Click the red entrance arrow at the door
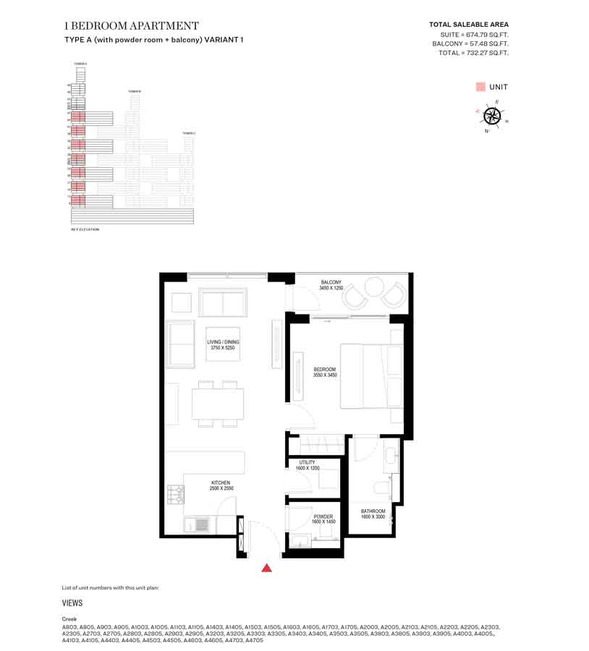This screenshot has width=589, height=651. point(266,568)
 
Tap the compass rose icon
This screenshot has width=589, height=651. point(492,116)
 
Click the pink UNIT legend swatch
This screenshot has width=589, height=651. point(480,87)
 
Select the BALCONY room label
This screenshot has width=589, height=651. point(331,282)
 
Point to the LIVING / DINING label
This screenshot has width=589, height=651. point(223,342)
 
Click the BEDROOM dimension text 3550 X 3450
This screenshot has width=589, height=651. point(324,375)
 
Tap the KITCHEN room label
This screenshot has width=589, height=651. point(221,482)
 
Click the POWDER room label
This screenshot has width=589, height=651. point(323,516)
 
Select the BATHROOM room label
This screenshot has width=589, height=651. point(373,511)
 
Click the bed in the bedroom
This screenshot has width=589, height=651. point(372,386)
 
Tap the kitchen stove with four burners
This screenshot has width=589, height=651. point(175,494)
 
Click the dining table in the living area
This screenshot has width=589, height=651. point(218,403)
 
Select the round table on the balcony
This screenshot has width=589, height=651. point(374,287)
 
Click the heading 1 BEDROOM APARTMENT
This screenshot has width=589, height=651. point(132,26)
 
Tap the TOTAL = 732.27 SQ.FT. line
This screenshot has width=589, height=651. point(473,53)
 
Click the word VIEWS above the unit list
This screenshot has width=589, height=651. point(72,603)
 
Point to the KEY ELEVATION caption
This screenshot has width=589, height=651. point(85,229)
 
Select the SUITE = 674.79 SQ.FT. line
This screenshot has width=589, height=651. point(474,34)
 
